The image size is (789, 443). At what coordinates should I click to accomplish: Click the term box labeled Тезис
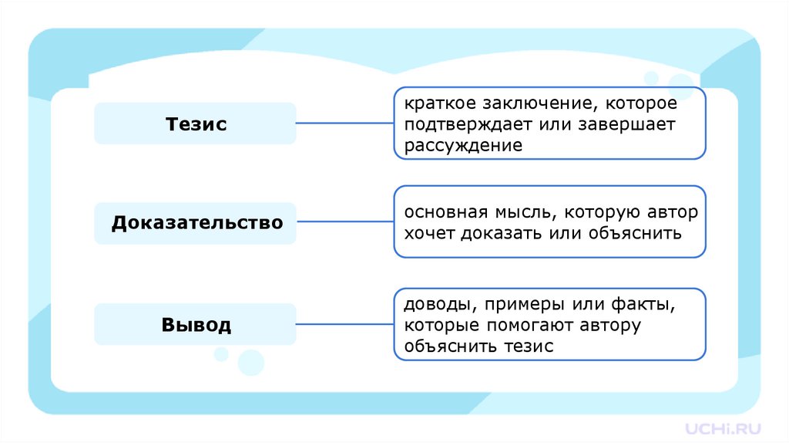coord(195,123)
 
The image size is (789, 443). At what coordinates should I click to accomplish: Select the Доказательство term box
coord(195,223)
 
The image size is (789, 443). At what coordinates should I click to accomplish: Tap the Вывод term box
coord(195,324)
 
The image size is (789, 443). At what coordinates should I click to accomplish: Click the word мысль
coord(521,211)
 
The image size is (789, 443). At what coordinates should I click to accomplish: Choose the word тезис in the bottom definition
coord(529,346)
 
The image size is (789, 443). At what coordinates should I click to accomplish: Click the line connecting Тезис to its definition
coord(344,123)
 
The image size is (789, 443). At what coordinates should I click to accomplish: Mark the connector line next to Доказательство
coord(344,222)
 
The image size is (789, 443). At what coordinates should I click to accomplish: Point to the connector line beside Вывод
coord(344,324)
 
